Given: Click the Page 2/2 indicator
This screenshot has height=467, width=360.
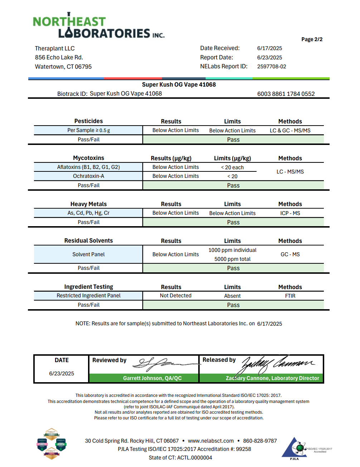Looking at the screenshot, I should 312,39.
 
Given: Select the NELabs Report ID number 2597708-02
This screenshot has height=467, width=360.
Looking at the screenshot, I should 272,67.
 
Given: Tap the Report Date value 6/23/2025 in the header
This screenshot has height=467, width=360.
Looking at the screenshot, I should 269,58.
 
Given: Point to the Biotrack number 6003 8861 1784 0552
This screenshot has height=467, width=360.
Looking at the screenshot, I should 286,94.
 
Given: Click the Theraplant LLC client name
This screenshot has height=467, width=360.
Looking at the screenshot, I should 55,49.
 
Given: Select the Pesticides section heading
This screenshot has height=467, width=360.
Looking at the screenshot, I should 88,121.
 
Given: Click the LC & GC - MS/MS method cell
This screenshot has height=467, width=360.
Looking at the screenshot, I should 290,131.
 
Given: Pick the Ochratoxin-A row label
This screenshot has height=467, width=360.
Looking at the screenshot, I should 88,176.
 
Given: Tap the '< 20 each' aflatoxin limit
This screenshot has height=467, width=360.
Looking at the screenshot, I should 232,167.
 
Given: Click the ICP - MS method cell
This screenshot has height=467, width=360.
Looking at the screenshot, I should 290,213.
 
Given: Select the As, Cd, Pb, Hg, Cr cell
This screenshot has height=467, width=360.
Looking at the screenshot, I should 88,213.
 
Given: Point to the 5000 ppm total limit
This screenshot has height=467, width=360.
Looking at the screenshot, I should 232,259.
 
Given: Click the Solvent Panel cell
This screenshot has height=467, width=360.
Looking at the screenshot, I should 88,254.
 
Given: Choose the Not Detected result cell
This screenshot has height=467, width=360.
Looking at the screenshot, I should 175,296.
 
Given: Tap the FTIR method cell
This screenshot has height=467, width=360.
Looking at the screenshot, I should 290,296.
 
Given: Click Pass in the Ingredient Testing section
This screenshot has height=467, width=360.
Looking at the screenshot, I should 233,305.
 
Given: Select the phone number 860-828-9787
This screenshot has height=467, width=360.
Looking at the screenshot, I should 260,441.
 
